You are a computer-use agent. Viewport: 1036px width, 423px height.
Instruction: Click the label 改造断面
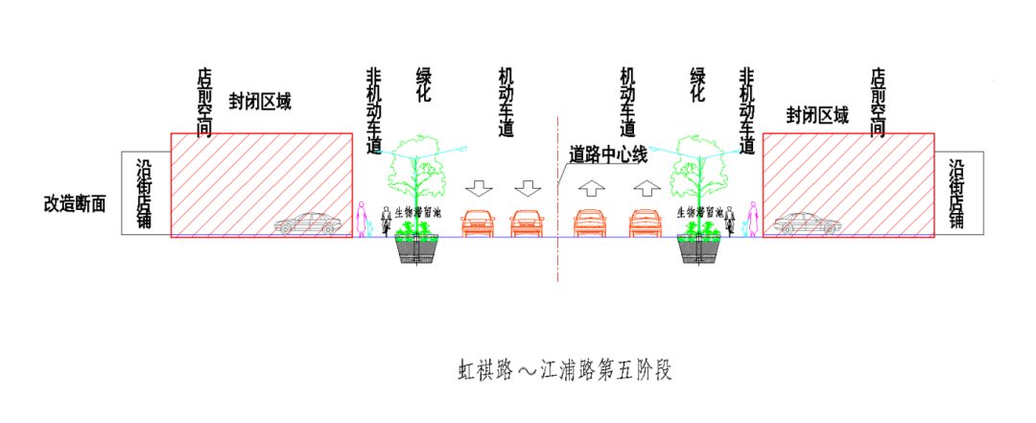coord(75,203)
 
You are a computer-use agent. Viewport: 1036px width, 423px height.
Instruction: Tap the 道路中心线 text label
coord(608,153)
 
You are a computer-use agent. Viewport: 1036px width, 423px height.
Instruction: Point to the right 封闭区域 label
coord(817,116)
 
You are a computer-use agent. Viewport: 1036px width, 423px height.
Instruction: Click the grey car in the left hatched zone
coord(308,224)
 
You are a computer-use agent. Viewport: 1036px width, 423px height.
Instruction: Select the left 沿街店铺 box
coord(145,193)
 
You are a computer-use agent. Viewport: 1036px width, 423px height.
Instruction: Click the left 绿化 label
coord(424,85)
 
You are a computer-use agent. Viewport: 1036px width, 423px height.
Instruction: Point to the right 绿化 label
coord(698,85)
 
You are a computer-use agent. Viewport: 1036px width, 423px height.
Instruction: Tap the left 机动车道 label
coord(506,101)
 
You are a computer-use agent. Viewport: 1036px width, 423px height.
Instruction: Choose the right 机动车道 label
coord(628,101)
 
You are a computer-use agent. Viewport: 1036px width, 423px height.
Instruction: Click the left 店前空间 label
coord(203,102)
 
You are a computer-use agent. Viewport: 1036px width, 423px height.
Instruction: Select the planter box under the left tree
coord(417,248)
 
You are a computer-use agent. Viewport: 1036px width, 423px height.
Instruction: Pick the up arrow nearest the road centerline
coord(591,187)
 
